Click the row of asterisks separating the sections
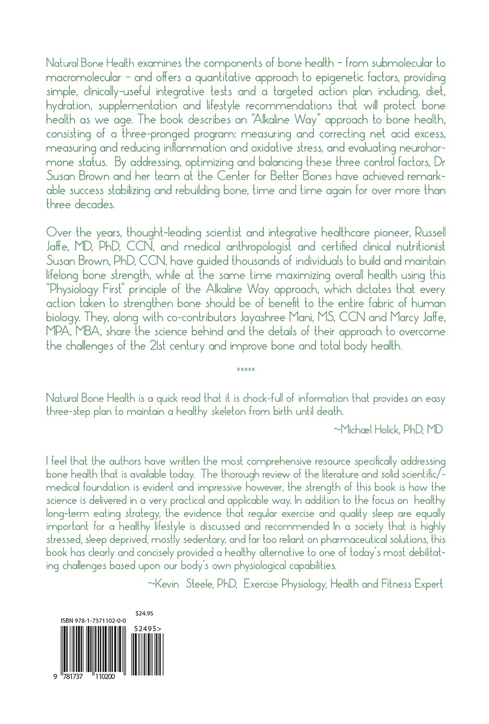246,371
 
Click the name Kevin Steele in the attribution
191,584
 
